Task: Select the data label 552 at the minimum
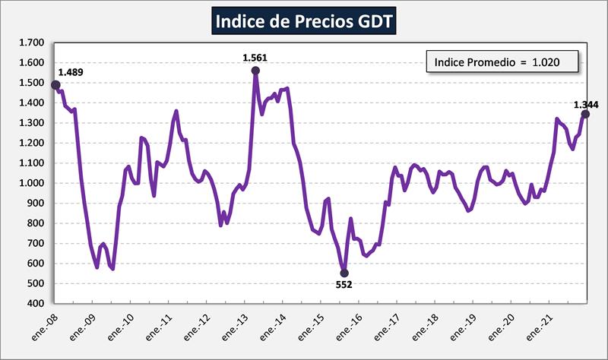click(344, 285)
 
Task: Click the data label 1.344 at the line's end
click(586, 105)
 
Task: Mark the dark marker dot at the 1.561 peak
click(255, 71)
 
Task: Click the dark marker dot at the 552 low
click(344, 273)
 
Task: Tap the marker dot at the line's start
click(55, 84)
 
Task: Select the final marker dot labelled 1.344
click(585, 115)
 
